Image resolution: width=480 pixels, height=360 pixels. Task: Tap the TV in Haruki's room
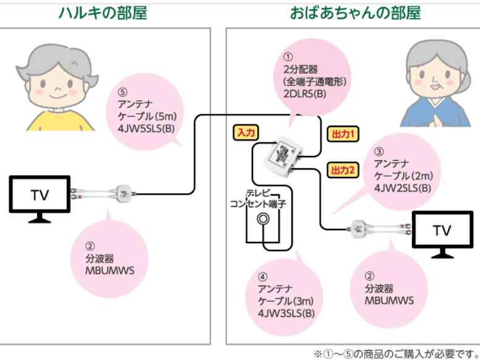(x=40, y=197)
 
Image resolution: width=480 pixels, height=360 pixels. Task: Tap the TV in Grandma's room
(x=442, y=232)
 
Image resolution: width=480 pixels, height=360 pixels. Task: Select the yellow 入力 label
(x=246, y=132)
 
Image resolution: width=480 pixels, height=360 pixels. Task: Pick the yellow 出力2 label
(x=342, y=169)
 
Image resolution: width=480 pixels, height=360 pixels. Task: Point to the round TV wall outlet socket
(x=264, y=218)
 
